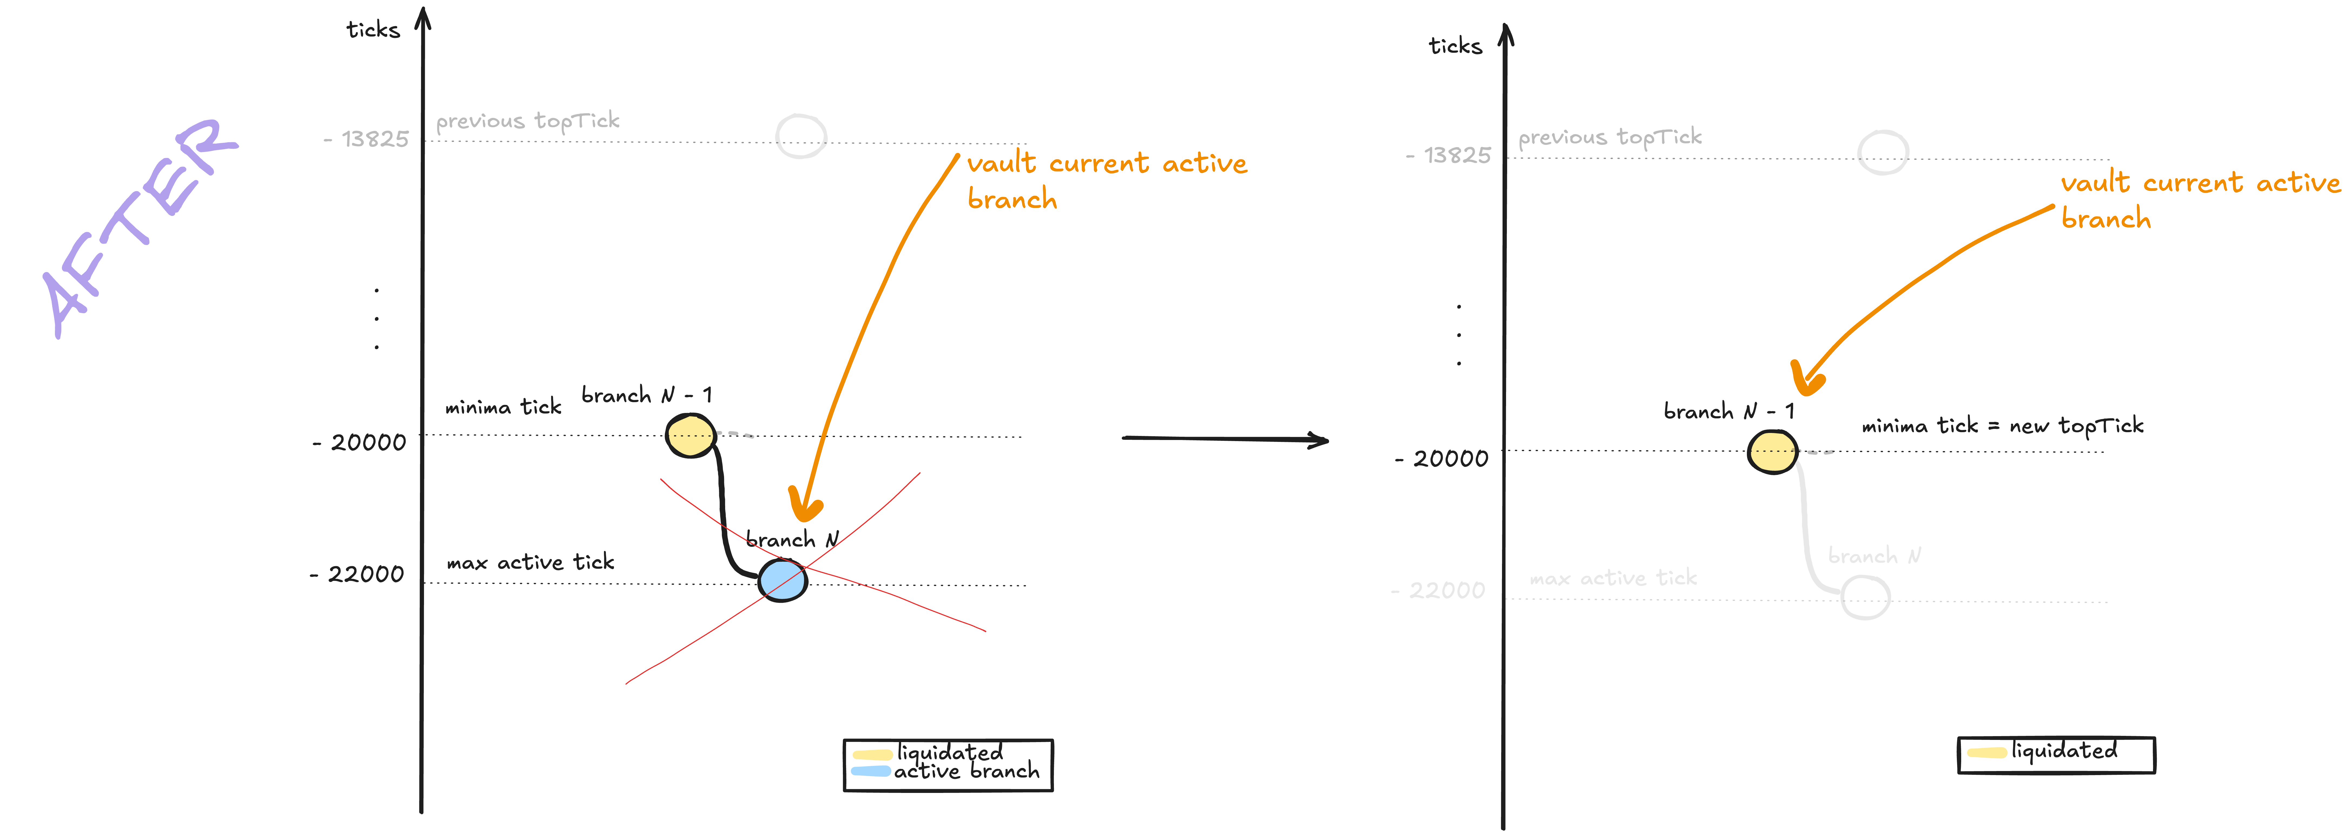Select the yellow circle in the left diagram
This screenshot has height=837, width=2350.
(x=691, y=436)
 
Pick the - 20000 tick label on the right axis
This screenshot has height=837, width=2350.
(x=1441, y=459)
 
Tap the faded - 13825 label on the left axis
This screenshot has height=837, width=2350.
(x=366, y=138)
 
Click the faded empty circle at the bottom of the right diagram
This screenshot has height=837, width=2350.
(x=1866, y=598)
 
